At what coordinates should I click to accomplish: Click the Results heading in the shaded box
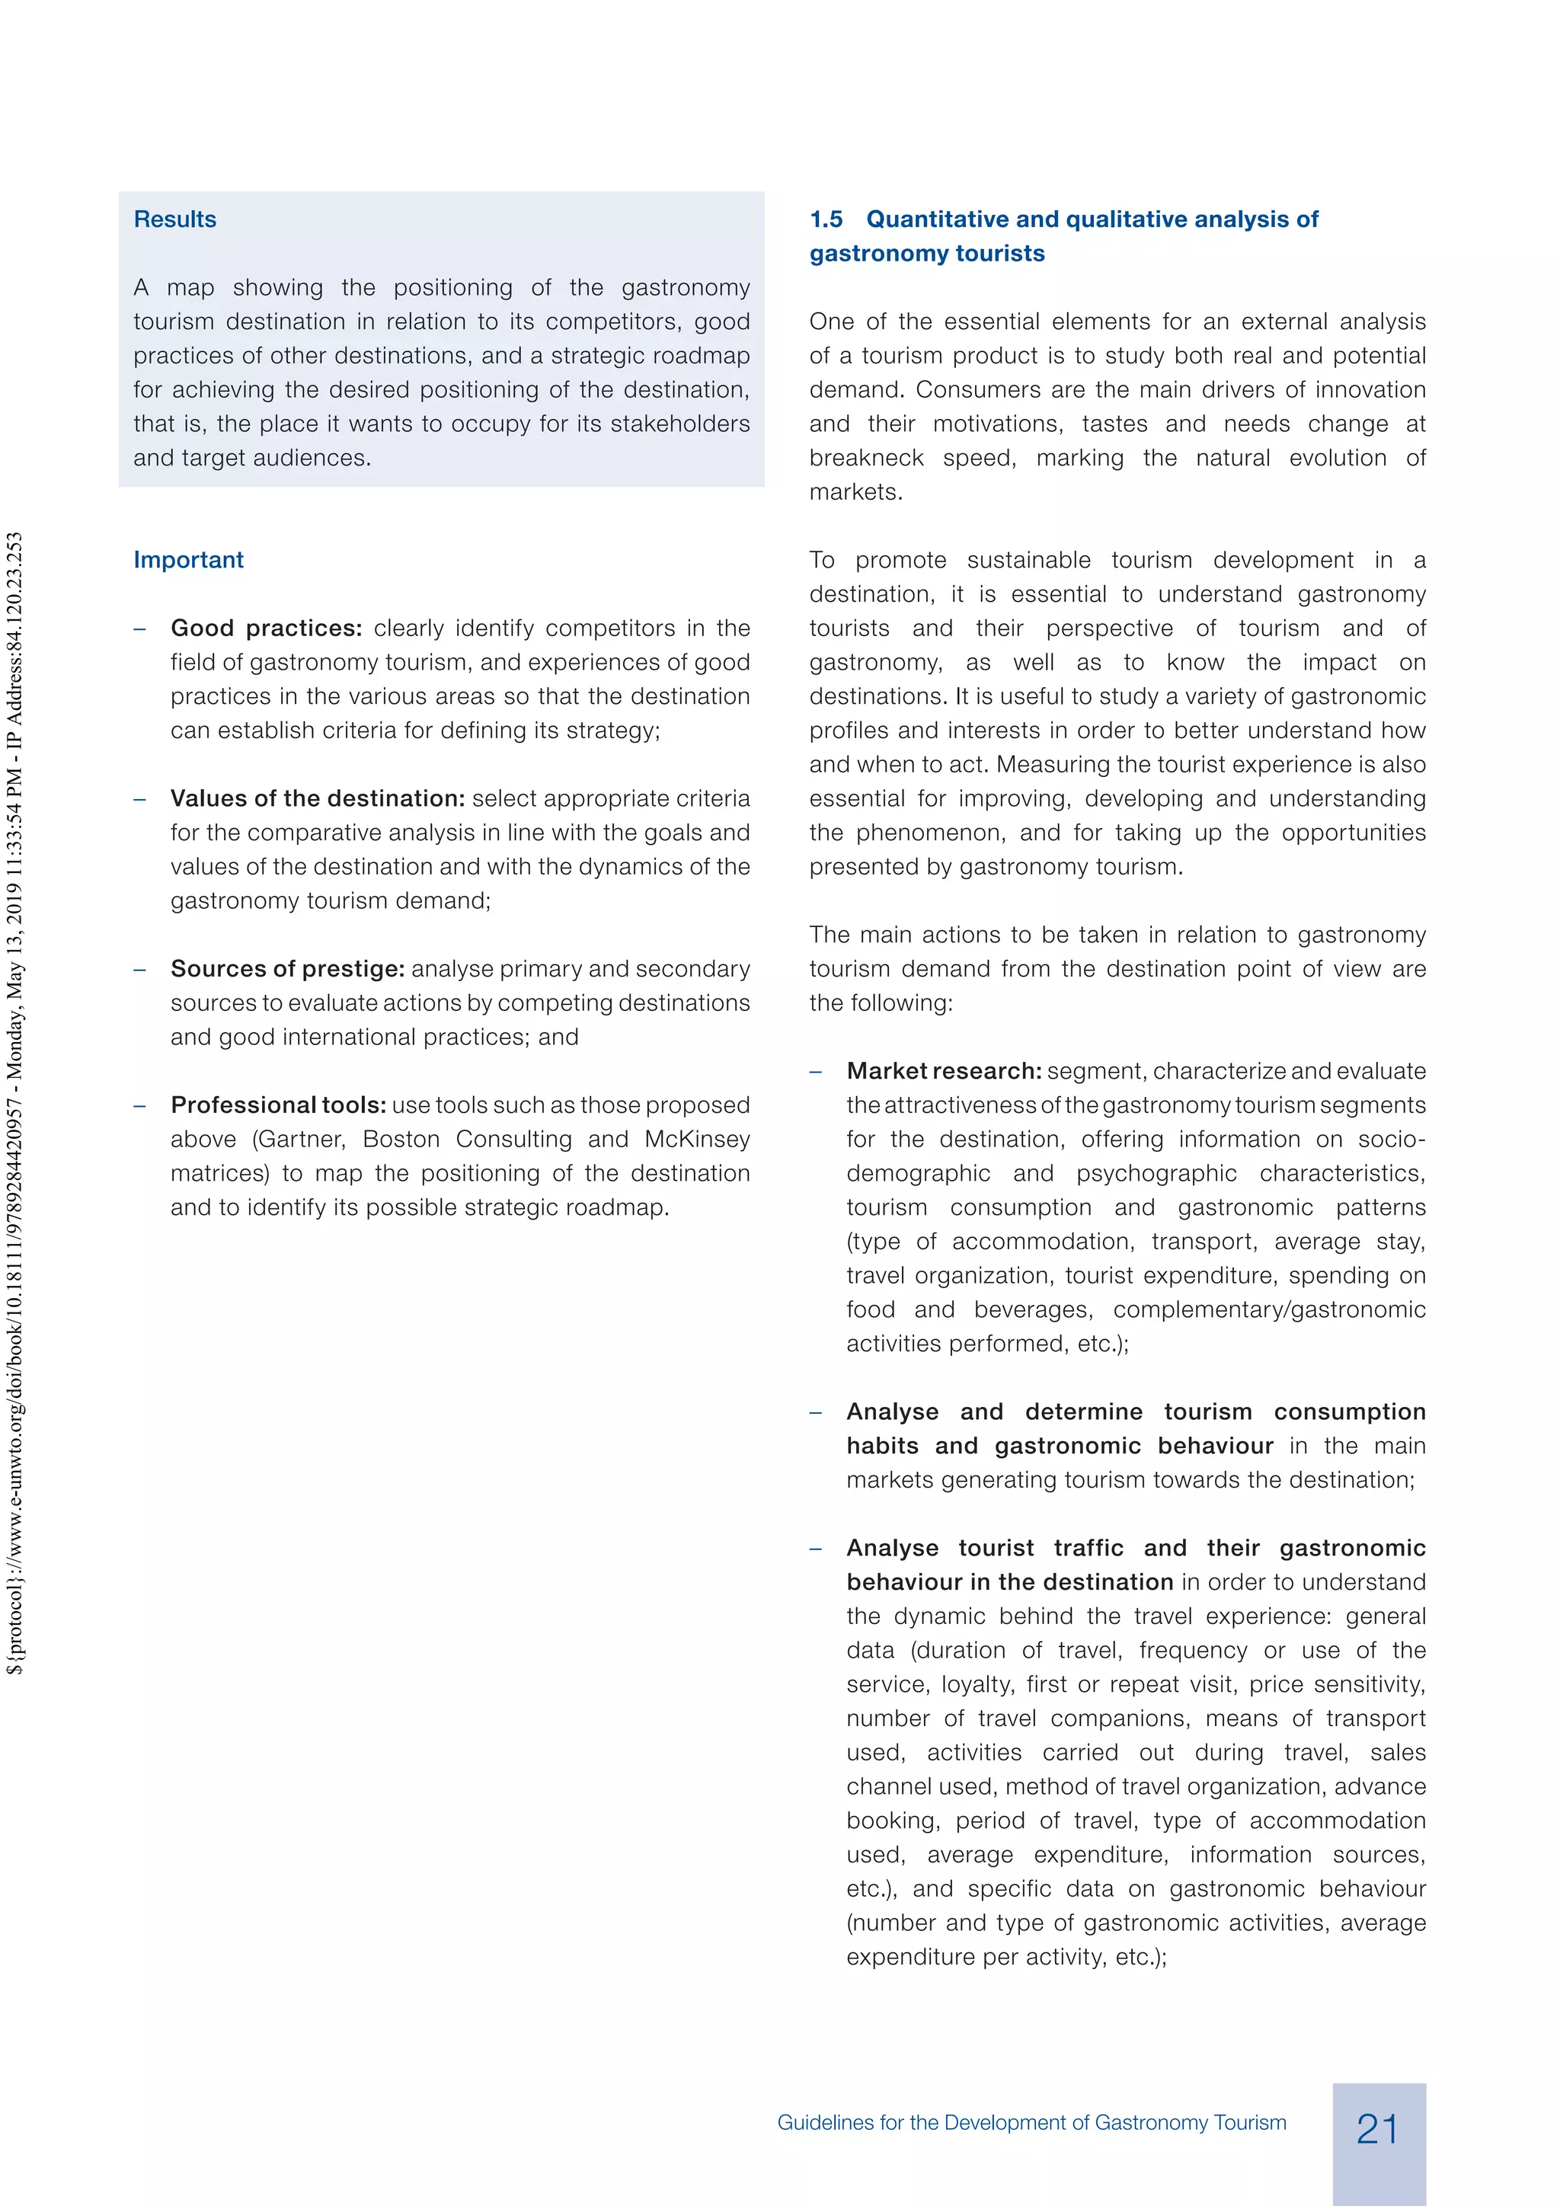(175, 219)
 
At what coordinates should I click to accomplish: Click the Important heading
(188, 560)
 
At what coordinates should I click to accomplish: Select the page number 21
(1377, 2129)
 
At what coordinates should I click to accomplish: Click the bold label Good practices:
(266, 628)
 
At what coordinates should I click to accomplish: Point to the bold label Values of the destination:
(317, 798)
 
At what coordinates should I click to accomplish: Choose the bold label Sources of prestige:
(287, 968)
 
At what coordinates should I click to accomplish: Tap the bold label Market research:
(943, 1071)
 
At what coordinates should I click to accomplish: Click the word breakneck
(865, 459)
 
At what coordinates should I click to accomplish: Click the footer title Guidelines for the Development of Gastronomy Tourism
(1031, 2122)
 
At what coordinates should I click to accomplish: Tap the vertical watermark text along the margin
(14, 1105)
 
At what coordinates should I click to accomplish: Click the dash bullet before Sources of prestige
(140, 970)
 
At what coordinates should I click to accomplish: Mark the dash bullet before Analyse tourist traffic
(816, 1549)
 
